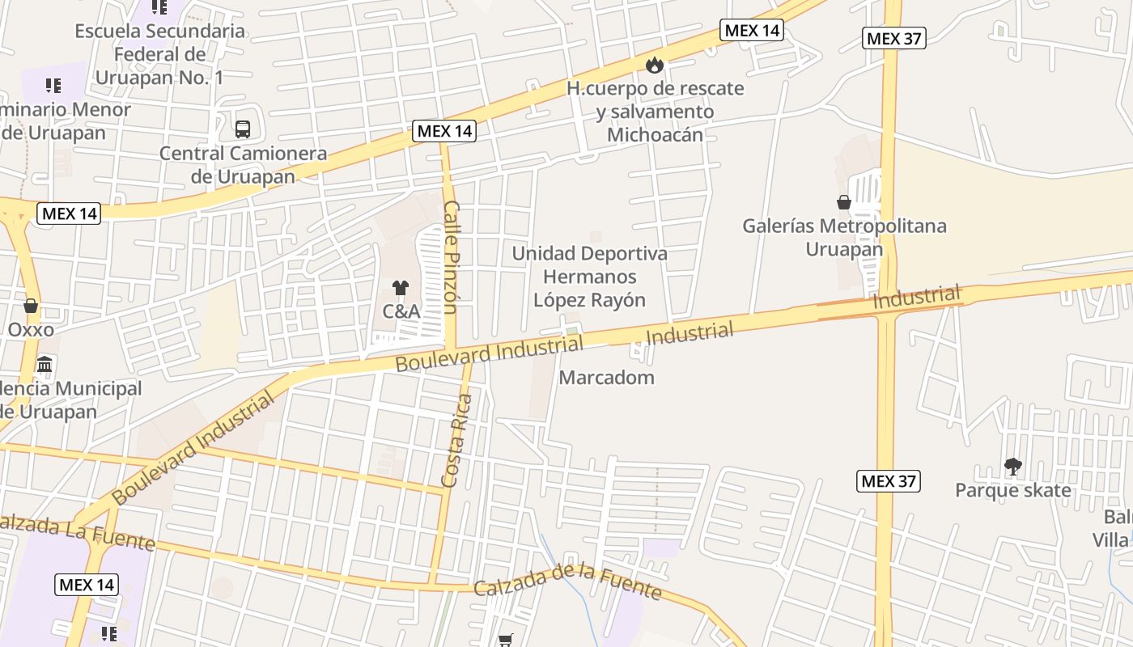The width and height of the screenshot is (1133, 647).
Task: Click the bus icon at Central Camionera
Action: pyautogui.click(x=242, y=129)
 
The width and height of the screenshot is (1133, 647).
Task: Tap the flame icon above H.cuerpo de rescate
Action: pyautogui.click(x=654, y=64)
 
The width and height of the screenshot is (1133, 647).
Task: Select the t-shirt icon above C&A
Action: pyautogui.click(x=400, y=287)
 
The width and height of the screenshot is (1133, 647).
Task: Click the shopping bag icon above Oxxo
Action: pyautogui.click(x=31, y=306)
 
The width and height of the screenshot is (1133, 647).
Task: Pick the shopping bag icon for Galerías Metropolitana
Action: pyautogui.click(x=844, y=201)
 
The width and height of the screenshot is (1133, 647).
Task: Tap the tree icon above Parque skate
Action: pyautogui.click(x=1012, y=466)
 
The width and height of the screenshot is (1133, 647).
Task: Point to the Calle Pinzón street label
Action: pyautogui.click(x=451, y=257)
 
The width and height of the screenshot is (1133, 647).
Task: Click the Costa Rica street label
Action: pyautogui.click(x=456, y=441)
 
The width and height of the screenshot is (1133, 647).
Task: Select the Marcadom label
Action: pyautogui.click(x=606, y=378)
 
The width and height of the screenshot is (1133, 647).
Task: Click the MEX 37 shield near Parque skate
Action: pyautogui.click(x=889, y=481)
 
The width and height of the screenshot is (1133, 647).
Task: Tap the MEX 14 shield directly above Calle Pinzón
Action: pyautogui.click(x=443, y=131)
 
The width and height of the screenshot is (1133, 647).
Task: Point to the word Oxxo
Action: pyautogui.click(x=31, y=330)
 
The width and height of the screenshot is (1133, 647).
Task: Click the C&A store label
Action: pyautogui.click(x=401, y=311)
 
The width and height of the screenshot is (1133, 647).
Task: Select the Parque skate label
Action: pyautogui.click(x=1012, y=490)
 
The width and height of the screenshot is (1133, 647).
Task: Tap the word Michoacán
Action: pyautogui.click(x=655, y=135)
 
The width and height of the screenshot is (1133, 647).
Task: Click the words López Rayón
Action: pyautogui.click(x=589, y=300)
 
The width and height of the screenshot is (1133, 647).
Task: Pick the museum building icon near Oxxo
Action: pyautogui.click(x=45, y=364)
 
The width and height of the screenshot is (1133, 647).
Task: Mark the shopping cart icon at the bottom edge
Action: pyautogui.click(x=506, y=640)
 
